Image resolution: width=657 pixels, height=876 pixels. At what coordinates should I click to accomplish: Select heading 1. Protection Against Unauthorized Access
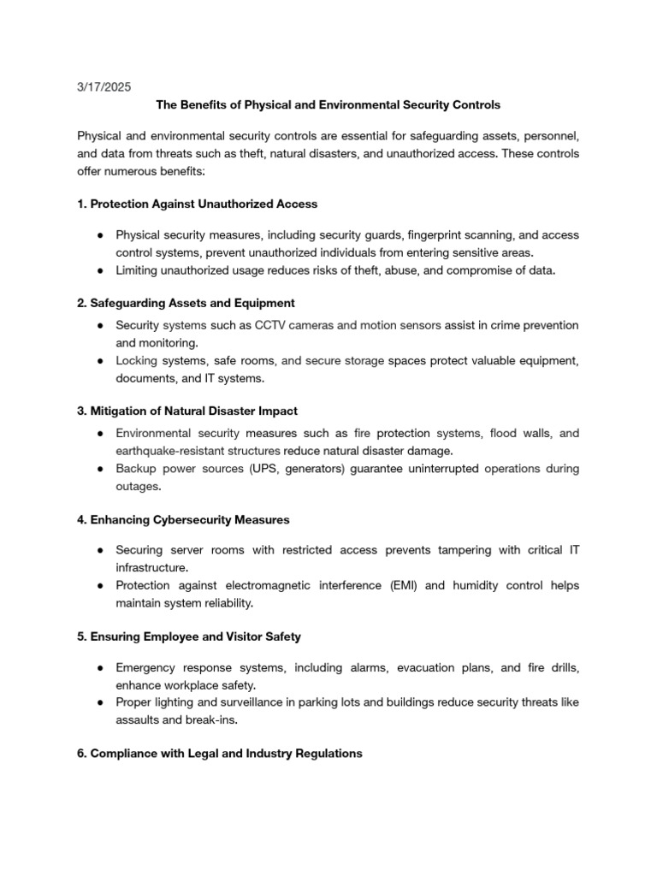click(197, 204)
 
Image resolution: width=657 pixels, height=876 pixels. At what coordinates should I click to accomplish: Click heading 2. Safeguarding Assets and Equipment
click(186, 303)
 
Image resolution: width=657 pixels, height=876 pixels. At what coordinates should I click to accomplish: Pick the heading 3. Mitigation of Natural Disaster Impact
click(187, 411)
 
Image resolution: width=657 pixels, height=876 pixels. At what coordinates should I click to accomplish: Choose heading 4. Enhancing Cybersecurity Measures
click(183, 519)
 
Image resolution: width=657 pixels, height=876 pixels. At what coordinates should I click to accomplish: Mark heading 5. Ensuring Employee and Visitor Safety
click(189, 636)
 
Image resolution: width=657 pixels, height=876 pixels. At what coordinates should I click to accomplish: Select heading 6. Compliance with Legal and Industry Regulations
click(219, 754)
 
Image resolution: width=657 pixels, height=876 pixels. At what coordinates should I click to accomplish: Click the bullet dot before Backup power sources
click(101, 469)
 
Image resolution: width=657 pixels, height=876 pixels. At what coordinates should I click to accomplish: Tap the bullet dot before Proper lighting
click(101, 702)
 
